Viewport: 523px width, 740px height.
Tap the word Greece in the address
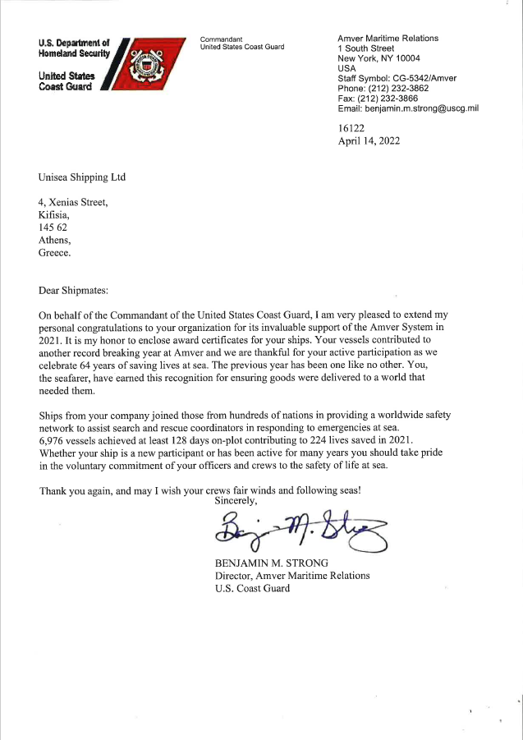tap(55, 253)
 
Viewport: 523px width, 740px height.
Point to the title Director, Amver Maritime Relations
tap(291, 576)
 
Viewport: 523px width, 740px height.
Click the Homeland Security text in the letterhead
tap(74, 53)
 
